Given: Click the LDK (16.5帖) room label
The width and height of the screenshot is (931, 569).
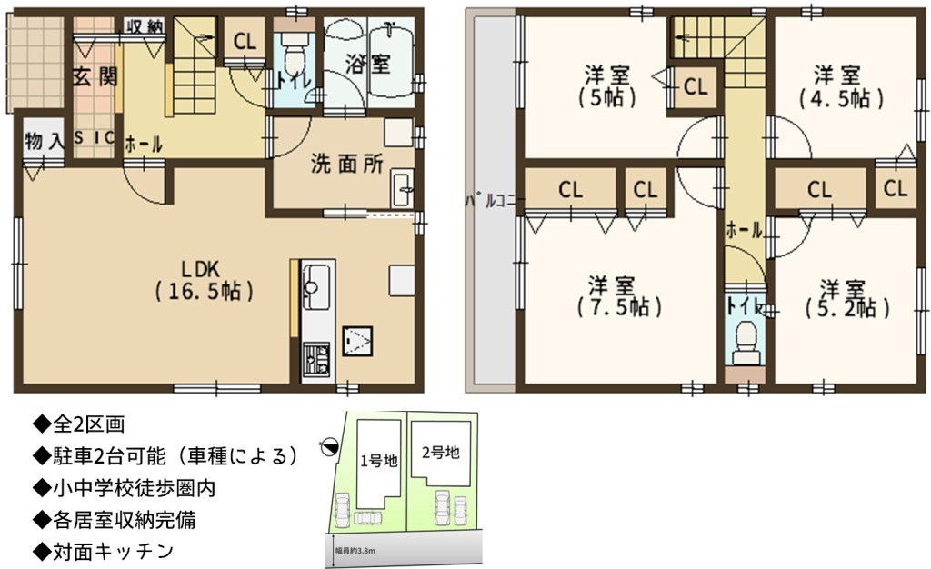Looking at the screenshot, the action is pos(205,280).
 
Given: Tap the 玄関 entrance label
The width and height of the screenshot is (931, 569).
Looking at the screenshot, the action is pos(95,77).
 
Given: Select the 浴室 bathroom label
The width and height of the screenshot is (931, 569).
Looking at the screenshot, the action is pos(368,64).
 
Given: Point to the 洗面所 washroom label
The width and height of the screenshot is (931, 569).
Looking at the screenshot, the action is pos(347,164).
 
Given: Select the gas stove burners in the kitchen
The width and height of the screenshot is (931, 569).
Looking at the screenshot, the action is pos(317,358).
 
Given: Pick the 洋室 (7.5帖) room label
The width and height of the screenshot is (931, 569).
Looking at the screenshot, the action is pos(619,296).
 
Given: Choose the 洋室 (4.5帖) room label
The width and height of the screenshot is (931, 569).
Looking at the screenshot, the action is pos(840,86).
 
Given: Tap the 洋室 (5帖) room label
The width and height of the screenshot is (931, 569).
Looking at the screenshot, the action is pos(607,86).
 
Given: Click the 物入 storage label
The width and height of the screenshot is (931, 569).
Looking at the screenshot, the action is pos(45,141).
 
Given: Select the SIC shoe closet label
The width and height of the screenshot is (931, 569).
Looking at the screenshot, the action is pos(94,137).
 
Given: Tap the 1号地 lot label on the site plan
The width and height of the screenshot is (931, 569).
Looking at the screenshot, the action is pos(379,461).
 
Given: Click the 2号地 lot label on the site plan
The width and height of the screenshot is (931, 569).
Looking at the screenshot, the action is pos(441,453).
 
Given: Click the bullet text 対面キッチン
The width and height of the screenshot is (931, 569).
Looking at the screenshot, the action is pos(105,551).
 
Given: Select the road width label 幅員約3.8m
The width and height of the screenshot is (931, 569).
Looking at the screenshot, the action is pos(355,551).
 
